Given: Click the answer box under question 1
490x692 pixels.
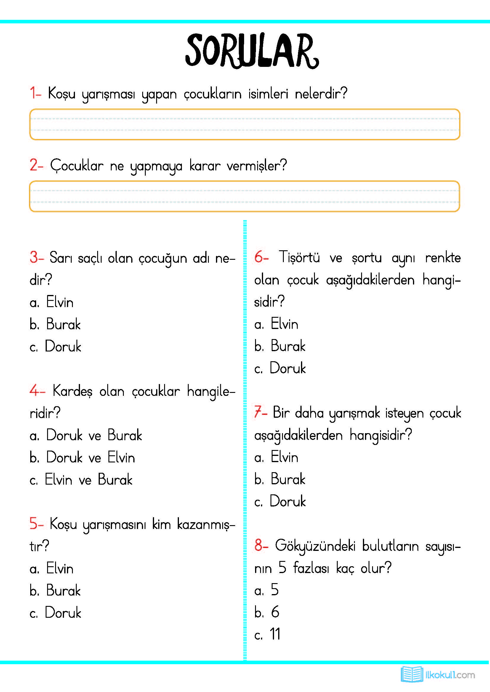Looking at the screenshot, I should point(244,124).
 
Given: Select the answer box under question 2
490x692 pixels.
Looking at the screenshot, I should point(244,196).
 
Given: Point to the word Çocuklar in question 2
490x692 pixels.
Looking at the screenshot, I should point(77,165).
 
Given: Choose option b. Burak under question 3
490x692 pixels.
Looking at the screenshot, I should point(55,324).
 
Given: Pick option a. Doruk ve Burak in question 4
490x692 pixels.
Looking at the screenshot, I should point(86,435).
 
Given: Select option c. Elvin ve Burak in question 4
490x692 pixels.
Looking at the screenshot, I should point(81,480).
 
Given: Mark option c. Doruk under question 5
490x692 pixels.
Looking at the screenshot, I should point(55,613).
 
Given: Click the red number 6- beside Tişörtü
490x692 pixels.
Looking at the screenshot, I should point(261,257).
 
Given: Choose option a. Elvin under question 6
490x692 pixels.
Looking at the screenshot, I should point(276,324).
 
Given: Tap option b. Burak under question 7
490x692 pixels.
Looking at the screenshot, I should point(280,479).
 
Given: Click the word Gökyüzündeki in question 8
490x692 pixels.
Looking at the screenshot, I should point(315,546).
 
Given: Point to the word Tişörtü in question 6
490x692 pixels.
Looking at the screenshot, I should point(299,257).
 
